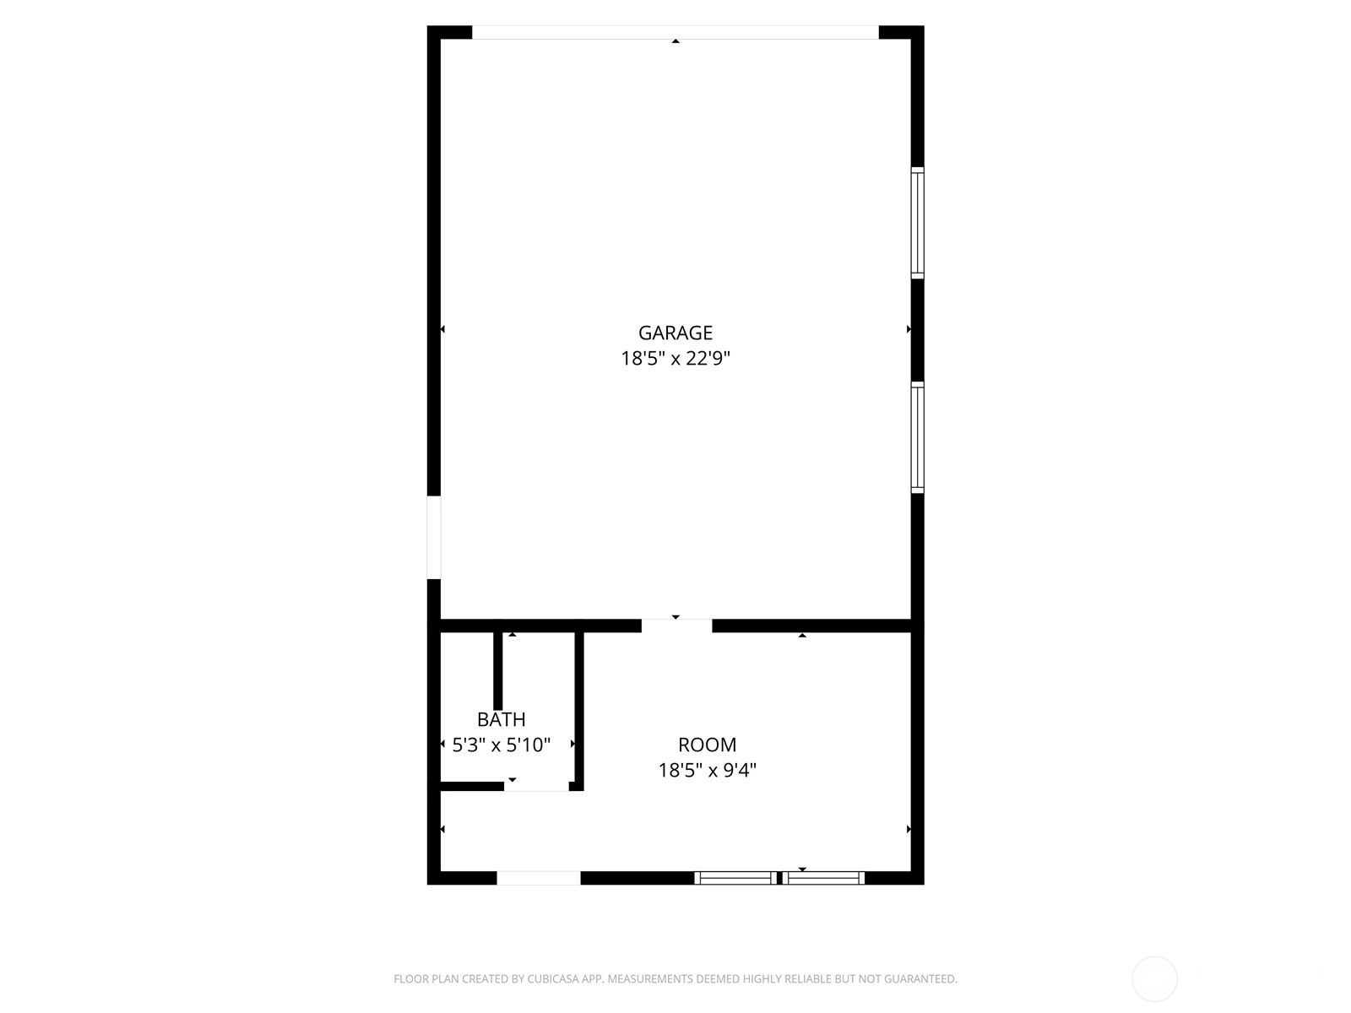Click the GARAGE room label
pyautogui.click(x=675, y=333)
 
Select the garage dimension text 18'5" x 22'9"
pyautogui.click(x=675, y=358)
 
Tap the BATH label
pyautogui.click(x=501, y=719)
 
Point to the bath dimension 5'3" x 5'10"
pyautogui.click(x=501, y=745)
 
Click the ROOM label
pyautogui.click(x=708, y=745)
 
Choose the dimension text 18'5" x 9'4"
pyautogui.click(x=708, y=770)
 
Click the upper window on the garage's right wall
pyautogui.click(x=917, y=223)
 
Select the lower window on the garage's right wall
pyautogui.click(x=917, y=437)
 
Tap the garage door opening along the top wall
pyautogui.click(x=675, y=33)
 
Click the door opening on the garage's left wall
pyautogui.click(x=434, y=538)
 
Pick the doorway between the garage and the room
pyautogui.click(x=677, y=626)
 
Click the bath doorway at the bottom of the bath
pyautogui.click(x=537, y=786)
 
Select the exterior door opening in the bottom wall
pyautogui.click(x=539, y=878)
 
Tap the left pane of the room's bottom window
pyautogui.click(x=736, y=878)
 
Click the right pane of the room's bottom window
pyautogui.click(x=823, y=878)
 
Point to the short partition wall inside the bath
pyautogui.click(x=498, y=671)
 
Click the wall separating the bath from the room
pyautogui.click(x=579, y=711)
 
